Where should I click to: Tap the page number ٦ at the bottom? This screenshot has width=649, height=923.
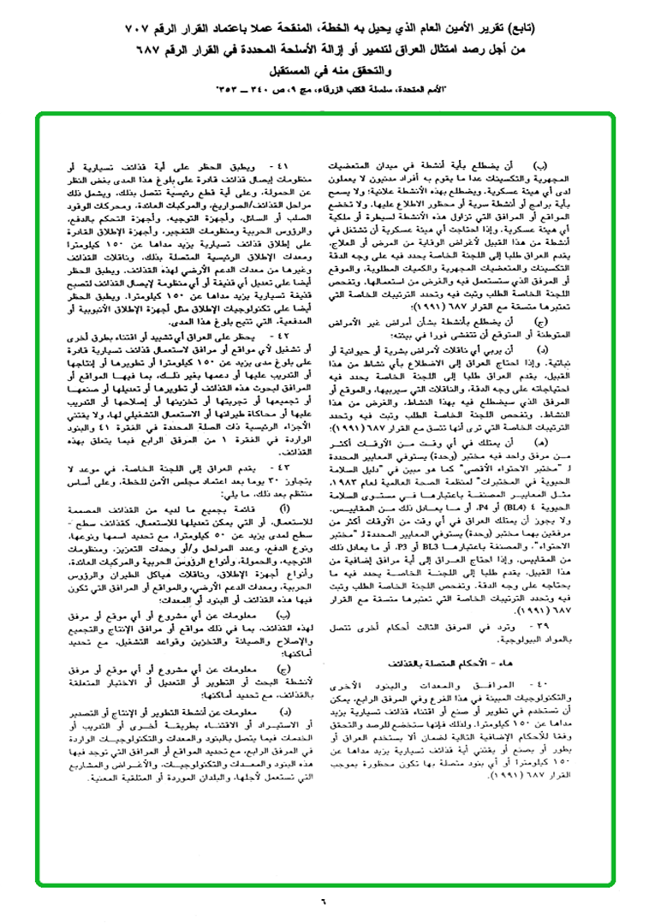click(324, 899)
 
